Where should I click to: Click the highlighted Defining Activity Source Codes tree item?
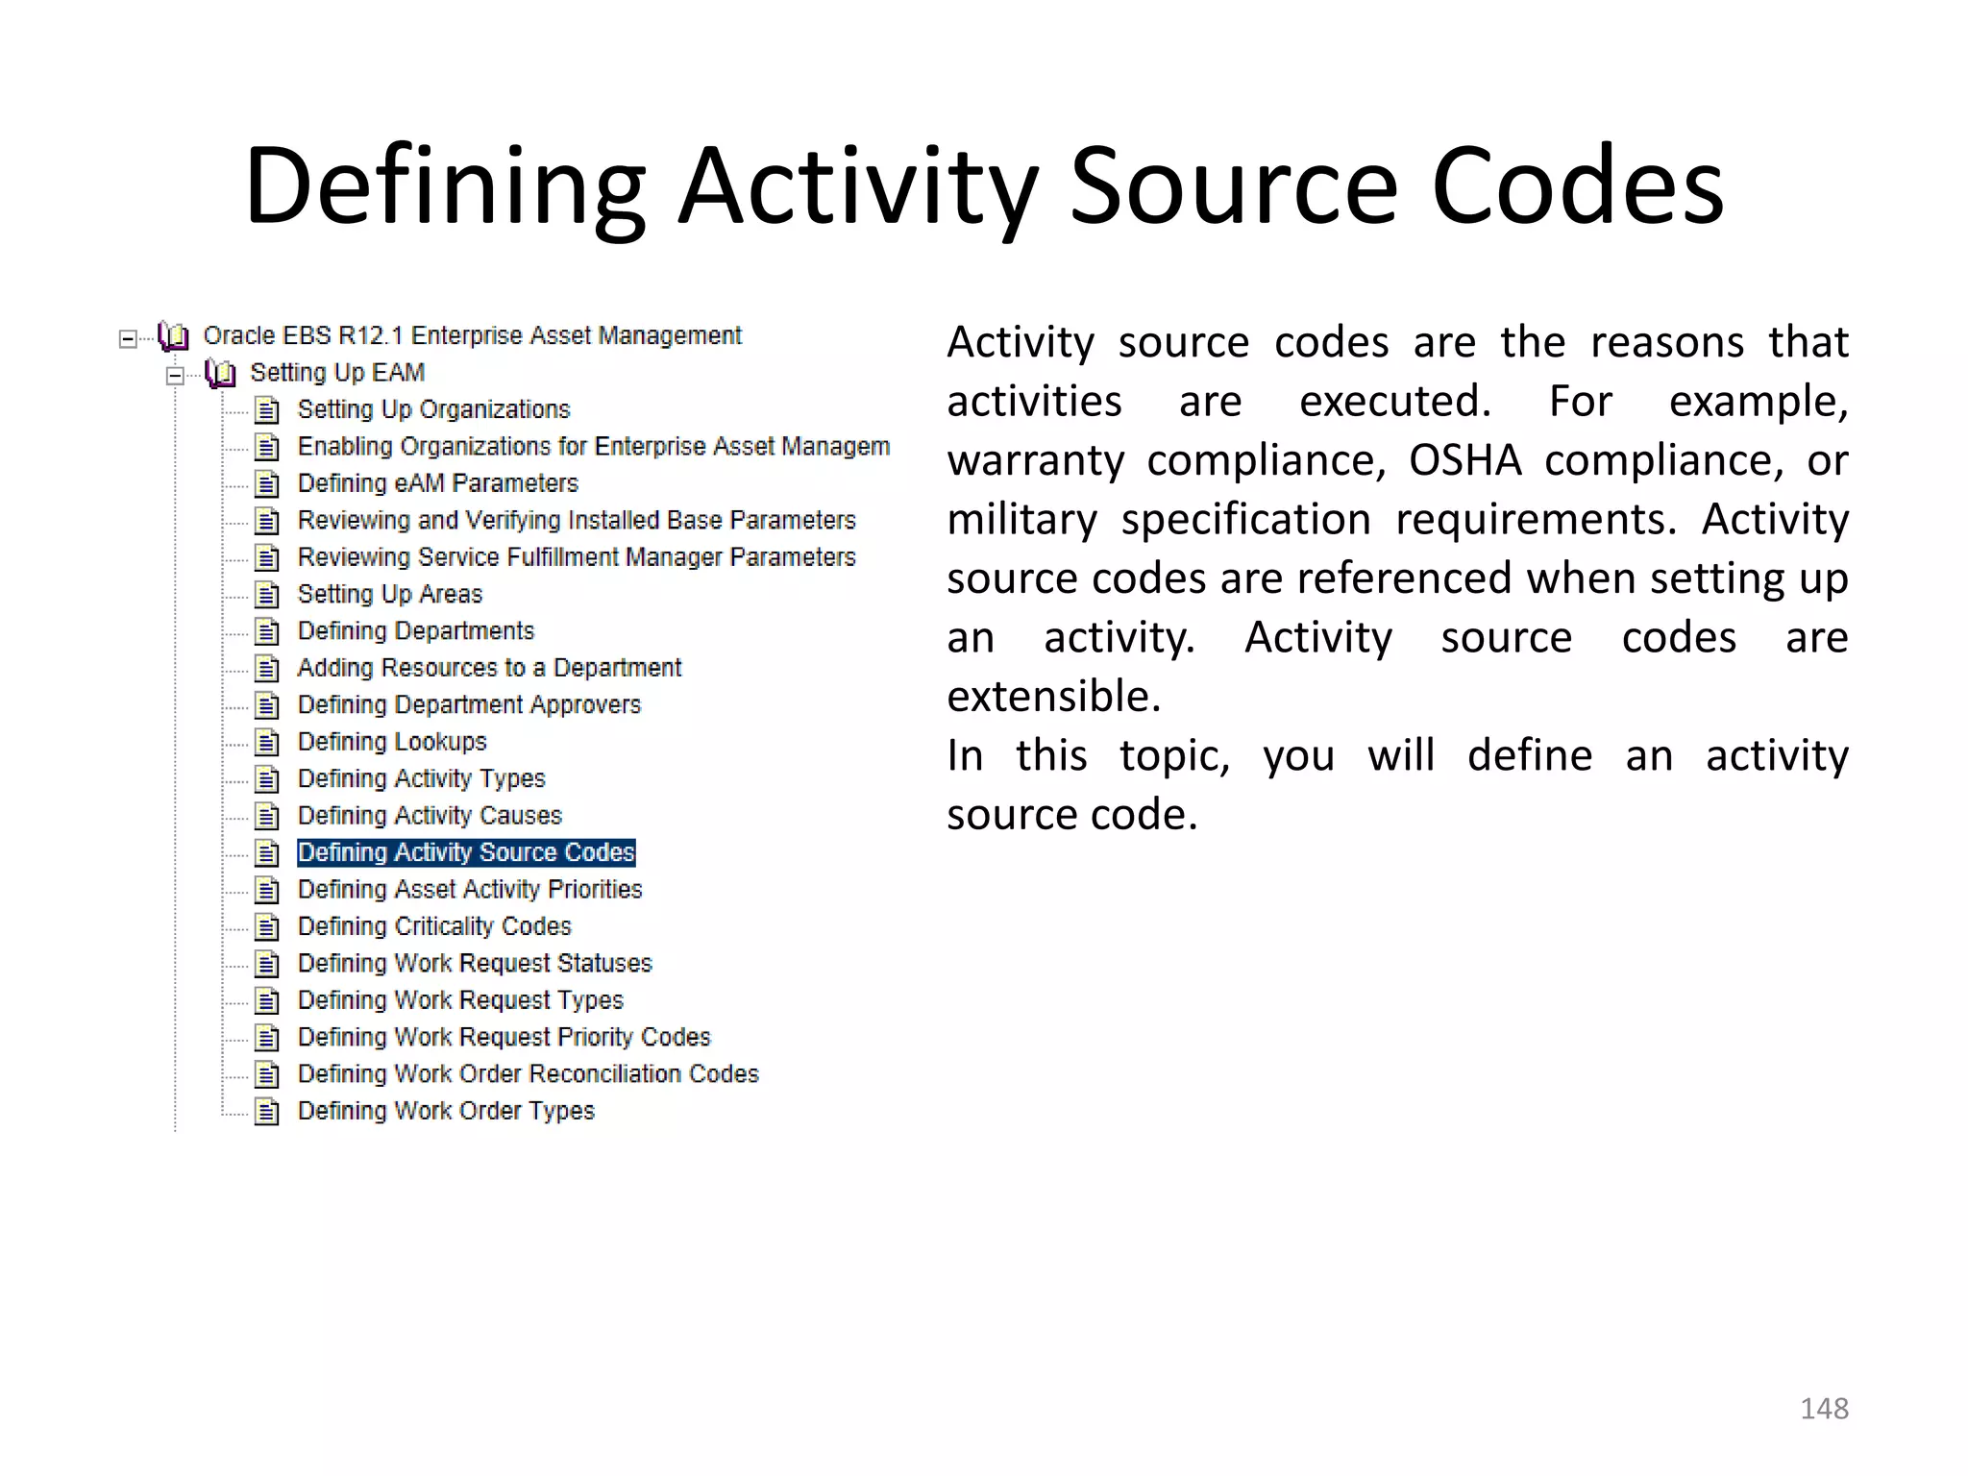(x=466, y=852)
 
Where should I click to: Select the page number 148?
(x=1824, y=1409)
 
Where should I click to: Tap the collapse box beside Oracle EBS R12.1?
(x=128, y=338)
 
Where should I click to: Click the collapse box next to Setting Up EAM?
(x=175, y=375)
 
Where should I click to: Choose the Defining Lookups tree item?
(x=392, y=742)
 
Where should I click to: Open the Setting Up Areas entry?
(x=389, y=594)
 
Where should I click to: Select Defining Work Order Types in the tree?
(x=446, y=1111)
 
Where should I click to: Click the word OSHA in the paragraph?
(x=1464, y=460)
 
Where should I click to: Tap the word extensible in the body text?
(x=1053, y=697)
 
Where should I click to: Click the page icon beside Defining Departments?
(x=267, y=632)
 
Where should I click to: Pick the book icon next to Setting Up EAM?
(x=220, y=373)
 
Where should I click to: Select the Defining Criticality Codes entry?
(x=434, y=926)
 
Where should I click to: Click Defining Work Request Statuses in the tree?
(x=475, y=963)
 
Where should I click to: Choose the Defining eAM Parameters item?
(x=437, y=483)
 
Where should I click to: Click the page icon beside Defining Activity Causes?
(x=267, y=817)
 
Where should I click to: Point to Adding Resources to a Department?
(x=489, y=668)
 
